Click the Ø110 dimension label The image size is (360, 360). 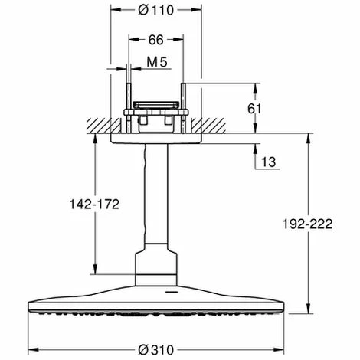156,10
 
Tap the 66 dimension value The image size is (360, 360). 155,40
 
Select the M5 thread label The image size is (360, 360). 157,62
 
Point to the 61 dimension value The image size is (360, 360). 254,109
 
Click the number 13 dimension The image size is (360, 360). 269,162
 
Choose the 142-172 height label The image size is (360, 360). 94,205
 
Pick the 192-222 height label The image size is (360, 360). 307,224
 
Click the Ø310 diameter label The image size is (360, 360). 156,349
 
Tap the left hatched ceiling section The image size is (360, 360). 103,126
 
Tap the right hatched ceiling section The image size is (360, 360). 208,126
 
